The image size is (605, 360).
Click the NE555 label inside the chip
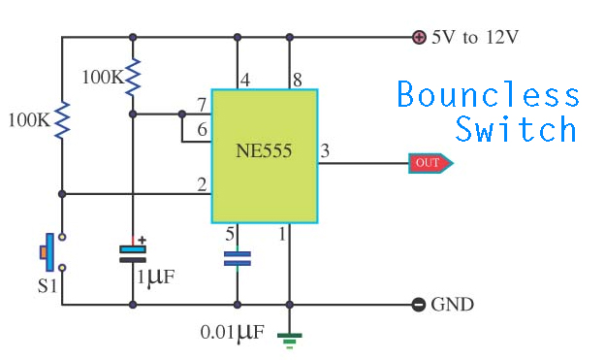coord(264,150)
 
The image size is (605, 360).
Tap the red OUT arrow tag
coord(430,163)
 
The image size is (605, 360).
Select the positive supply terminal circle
coord(419,38)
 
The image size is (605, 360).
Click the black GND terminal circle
coord(419,305)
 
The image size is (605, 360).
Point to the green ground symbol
coord(289,341)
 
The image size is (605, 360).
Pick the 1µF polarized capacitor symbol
coord(133,254)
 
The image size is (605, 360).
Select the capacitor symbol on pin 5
coord(238,258)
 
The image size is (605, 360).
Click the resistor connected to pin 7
coord(133,78)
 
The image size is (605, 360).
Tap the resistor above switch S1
coord(62,120)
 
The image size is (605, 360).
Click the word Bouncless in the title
coord(488,94)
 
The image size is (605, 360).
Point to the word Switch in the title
coord(516,128)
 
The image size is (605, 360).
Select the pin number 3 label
coord(325,150)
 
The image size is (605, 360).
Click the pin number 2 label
coord(202,184)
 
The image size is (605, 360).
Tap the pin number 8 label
coord(297,80)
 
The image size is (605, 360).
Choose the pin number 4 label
coord(245,80)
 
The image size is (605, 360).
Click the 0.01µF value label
coord(233,332)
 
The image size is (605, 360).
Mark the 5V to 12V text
coord(475,38)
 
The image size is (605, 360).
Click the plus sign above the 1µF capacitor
coord(142,241)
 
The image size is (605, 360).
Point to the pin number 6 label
coord(203,129)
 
